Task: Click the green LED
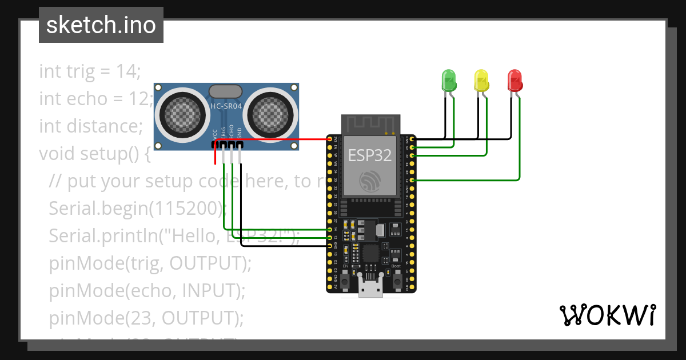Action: pyautogui.click(x=449, y=80)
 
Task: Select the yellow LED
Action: pyautogui.click(x=482, y=80)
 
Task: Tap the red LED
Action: pyautogui.click(x=515, y=80)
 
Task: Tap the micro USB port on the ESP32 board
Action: pyautogui.click(x=371, y=290)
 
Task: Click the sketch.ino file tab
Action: pyautogui.click(x=101, y=25)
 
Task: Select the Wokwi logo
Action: pyautogui.click(x=607, y=315)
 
